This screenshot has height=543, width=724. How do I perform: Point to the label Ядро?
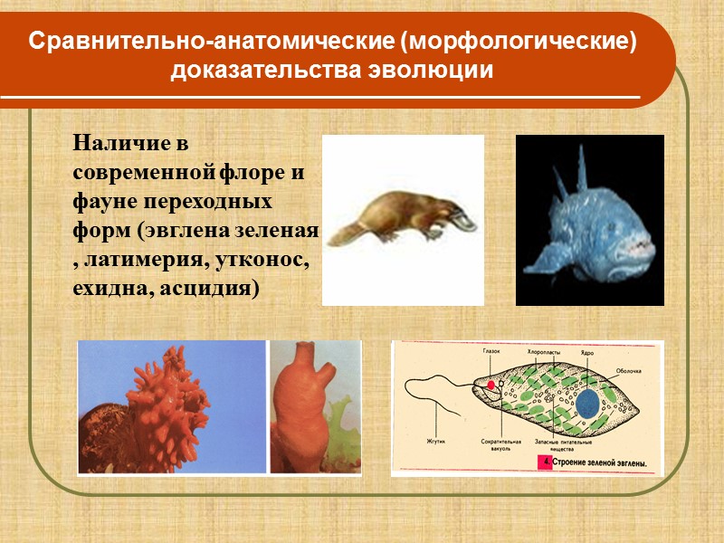586,350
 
